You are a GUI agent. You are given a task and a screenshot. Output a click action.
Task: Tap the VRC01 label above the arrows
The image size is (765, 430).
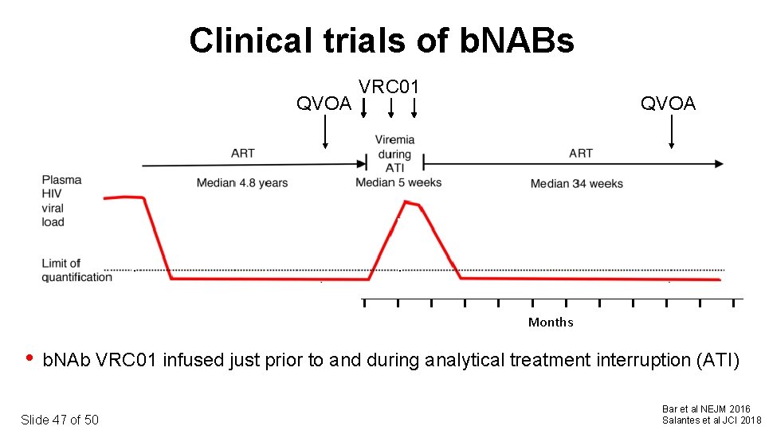pyautogui.click(x=389, y=86)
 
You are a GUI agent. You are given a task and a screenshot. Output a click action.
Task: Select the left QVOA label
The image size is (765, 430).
pyautogui.click(x=324, y=104)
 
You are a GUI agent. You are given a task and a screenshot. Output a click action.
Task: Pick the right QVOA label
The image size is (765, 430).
pyautogui.click(x=668, y=104)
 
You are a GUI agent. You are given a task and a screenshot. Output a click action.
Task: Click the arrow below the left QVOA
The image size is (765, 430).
pyautogui.click(x=325, y=132)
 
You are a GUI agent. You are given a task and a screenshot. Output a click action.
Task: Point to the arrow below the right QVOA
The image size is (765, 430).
pyautogui.click(x=671, y=132)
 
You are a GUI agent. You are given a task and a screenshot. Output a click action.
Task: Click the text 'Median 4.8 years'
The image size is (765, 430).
pyautogui.click(x=242, y=183)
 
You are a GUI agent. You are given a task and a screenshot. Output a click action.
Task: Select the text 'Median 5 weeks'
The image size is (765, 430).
pyautogui.click(x=398, y=182)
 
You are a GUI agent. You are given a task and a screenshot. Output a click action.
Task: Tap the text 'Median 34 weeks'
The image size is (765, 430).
pyautogui.click(x=577, y=184)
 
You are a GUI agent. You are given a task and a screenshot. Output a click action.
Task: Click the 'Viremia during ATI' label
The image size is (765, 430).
pyautogui.click(x=394, y=154)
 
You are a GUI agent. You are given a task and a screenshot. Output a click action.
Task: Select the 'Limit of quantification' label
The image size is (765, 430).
pyautogui.click(x=76, y=270)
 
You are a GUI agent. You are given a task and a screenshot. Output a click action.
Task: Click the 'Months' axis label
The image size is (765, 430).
pyautogui.click(x=551, y=322)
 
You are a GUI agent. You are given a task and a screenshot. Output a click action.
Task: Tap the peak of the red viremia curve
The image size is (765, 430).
pyautogui.click(x=406, y=202)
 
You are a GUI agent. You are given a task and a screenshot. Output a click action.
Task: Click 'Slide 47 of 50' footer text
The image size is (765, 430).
pyautogui.click(x=60, y=420)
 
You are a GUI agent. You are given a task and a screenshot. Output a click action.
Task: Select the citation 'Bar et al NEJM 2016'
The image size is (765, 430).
pyautogui.click(x=706, y=409)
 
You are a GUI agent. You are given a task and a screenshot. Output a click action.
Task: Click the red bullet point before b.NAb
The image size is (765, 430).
pyautogui.click(x=29, y=358)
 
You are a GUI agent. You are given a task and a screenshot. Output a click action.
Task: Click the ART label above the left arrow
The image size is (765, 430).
pyautogui.click(x=243, y=153)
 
